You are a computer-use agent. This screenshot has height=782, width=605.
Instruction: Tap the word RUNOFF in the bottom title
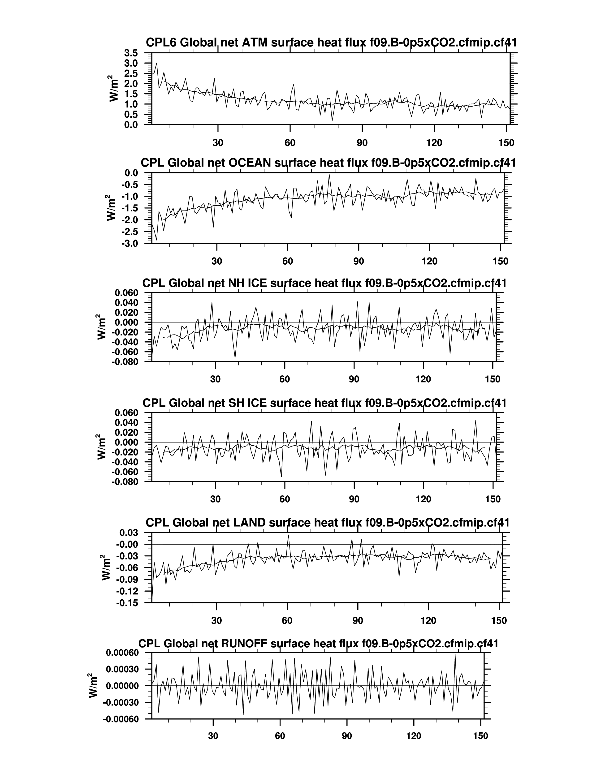coord(244,643)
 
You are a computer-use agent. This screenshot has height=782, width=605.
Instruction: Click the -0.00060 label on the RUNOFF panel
coord(120,719)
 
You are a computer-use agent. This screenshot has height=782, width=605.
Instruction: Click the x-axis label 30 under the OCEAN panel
coord(217,261)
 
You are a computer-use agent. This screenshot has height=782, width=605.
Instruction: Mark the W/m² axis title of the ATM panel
coord(114,88)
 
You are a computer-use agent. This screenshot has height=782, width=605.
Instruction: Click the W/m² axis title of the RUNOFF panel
coord(93,686)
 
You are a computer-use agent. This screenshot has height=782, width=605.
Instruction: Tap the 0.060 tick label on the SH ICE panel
coord(126,413)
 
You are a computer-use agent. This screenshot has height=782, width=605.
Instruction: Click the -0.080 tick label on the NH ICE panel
coord(125,362)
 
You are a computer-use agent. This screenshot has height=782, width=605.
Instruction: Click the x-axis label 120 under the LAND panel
coord(428,620)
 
